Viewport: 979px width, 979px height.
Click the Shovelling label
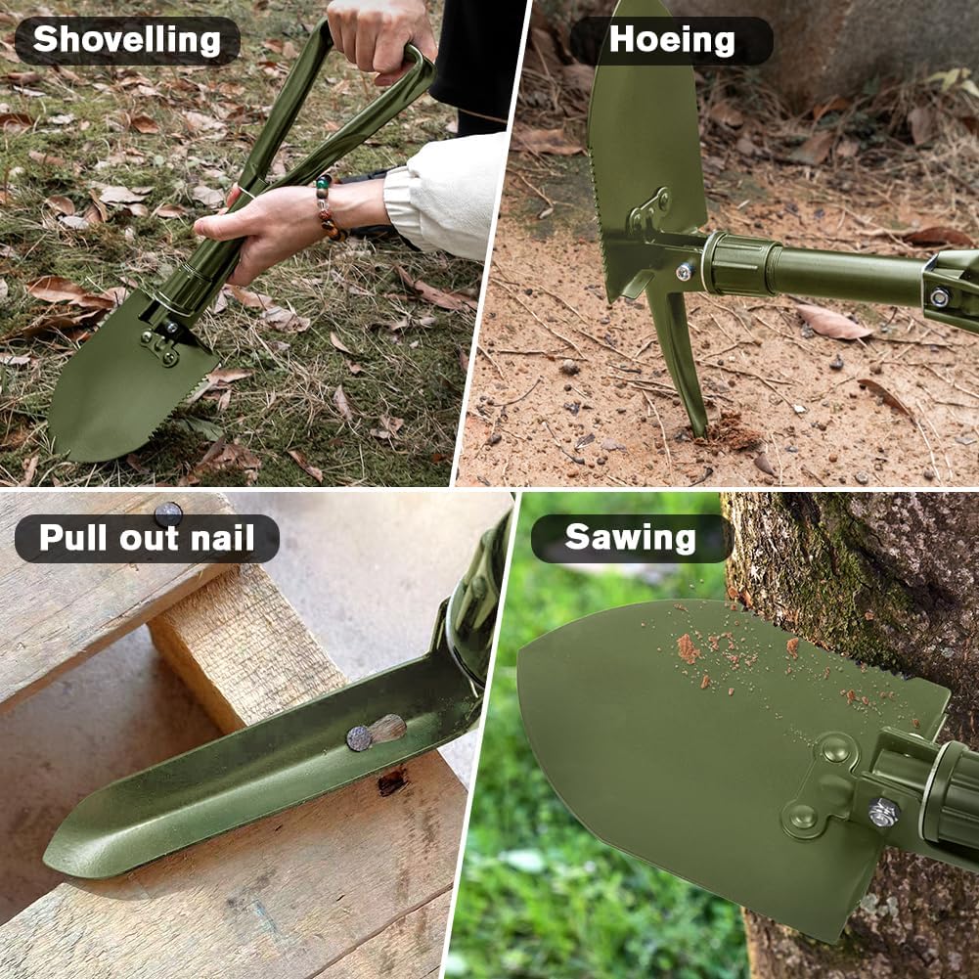pos(127,40)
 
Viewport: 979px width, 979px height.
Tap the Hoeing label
pos(672,40)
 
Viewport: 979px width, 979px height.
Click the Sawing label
pos(630,538)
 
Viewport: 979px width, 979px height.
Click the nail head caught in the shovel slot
pos(359,738)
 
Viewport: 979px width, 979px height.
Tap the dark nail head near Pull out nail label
pos(168,514)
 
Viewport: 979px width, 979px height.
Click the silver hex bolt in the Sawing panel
pos(883,813)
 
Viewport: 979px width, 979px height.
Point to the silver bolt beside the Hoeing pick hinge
pos(685,271)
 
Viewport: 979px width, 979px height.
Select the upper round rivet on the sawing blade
pos(836,748)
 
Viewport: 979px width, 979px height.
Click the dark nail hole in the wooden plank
pos(392,781)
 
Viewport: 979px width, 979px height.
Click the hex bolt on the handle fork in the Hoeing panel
pos(940,297)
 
